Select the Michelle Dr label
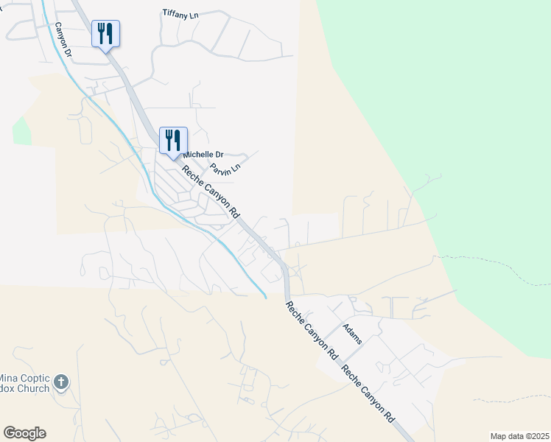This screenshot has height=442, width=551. (x=203, y=155)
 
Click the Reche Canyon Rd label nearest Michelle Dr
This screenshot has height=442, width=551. (x=211, y=191)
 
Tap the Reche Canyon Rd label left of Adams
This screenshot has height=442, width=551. (x=311, y=330)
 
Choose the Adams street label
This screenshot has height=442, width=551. (x=353, y=334)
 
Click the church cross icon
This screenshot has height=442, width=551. (x=61, y=382)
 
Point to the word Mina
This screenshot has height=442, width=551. (x=15, y=376)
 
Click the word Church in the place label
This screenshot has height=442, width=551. (x=32, y=388)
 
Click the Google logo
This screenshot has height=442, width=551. (x=24, y=433)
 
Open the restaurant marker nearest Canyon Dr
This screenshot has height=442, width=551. (x=105, y=34)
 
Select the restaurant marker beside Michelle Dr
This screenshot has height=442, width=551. (x=173, y=140)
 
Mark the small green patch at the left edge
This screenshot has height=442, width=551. (x=21, y=131)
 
